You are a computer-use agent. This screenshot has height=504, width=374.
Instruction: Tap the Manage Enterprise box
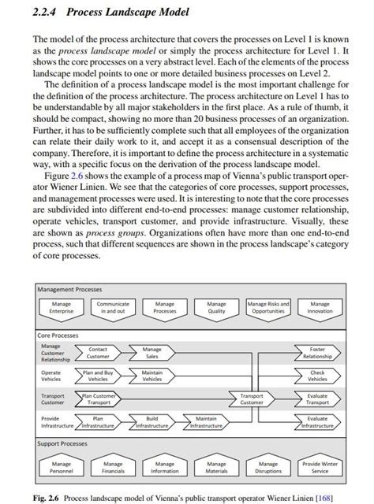pos(62,307)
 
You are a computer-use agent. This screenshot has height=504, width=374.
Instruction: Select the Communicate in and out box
pos(113,307)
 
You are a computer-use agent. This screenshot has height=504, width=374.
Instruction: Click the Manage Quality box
pos(216,307)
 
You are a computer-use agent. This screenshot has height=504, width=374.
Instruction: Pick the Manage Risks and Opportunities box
pos(268,307)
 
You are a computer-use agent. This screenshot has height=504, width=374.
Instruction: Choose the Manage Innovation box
pos(320,307)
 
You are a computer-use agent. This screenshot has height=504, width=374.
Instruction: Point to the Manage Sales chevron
pos(151,353)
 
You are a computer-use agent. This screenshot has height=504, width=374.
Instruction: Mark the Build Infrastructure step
pos(151,422)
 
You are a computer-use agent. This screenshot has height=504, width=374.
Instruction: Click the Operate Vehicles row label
pos(51,376)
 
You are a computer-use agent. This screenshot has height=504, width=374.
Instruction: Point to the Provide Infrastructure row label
pos(55,422)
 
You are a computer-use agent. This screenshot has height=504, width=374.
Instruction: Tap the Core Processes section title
pos(60,335)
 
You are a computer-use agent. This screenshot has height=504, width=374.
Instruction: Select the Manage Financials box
pos(113,468)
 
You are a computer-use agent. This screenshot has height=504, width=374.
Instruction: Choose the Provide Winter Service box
pos(320,468)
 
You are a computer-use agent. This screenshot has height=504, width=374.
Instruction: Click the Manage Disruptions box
pos(268,468)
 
